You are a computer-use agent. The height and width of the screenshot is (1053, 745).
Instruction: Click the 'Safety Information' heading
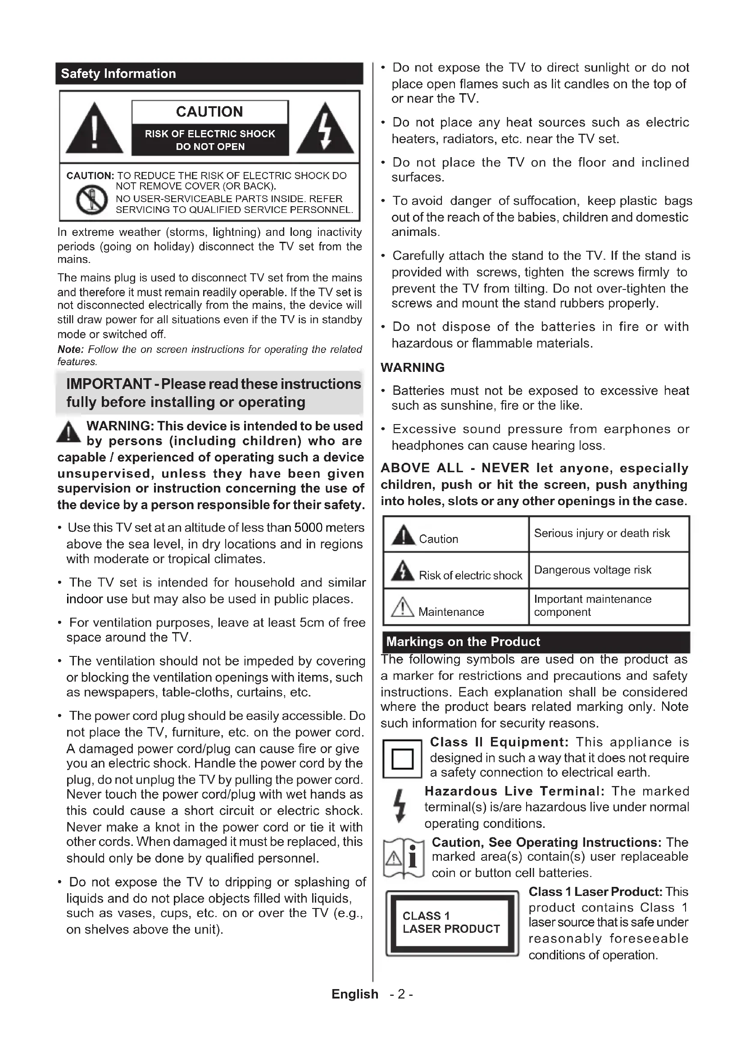118,74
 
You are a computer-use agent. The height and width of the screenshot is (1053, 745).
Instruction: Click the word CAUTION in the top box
209,112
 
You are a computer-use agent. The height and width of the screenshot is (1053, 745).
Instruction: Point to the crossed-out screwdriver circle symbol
92,199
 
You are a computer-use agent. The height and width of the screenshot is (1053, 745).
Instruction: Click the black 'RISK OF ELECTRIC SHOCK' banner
210,140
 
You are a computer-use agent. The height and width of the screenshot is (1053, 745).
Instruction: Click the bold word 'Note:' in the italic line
70,349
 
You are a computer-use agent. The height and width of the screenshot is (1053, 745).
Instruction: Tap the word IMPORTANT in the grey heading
109,384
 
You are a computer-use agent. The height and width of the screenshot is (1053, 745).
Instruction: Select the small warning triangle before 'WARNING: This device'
68,432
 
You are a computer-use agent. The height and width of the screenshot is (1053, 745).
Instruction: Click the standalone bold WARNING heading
413,368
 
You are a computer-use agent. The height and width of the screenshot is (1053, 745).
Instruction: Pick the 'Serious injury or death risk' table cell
609,533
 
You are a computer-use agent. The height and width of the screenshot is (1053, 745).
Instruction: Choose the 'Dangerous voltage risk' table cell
609,570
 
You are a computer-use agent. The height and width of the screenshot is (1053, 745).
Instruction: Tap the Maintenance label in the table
451,612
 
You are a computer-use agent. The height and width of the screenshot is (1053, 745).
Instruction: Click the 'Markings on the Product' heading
463,642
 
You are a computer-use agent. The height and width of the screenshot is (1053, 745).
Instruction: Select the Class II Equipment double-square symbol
402,759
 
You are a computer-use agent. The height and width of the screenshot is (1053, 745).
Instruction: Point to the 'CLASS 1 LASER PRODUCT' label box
451,923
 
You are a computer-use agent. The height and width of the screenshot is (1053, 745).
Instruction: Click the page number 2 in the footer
401,994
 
